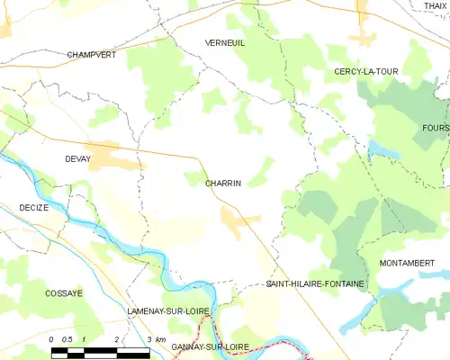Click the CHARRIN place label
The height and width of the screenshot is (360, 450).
222,184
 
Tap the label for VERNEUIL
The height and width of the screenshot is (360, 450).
226,42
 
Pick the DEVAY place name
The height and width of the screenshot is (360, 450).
78,159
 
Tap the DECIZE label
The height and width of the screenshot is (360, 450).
34,207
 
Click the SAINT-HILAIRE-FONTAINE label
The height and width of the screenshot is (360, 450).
315,283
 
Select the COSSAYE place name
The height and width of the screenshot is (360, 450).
64,293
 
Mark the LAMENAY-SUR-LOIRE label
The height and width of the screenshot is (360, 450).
167,310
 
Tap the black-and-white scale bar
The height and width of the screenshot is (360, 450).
100,351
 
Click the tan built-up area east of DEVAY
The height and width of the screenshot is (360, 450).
112,157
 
